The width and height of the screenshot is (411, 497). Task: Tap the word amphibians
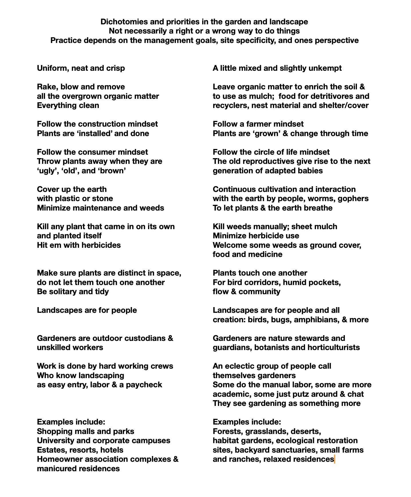coord(316,320)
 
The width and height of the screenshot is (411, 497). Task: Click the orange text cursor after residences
coord(335,459)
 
